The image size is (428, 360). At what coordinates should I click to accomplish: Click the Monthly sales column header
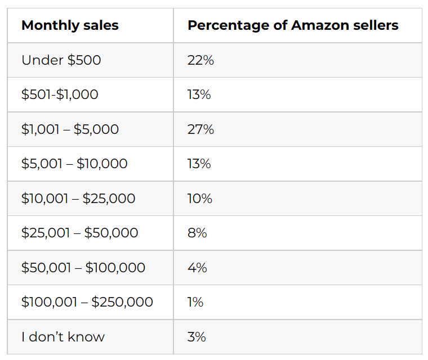70,26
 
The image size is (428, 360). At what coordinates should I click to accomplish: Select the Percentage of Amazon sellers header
293,26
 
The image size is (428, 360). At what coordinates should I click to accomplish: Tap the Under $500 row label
61,60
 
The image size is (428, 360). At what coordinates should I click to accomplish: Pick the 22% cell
200,60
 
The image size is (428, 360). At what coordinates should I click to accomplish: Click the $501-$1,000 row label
60,94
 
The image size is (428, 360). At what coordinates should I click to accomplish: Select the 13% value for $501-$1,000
199,94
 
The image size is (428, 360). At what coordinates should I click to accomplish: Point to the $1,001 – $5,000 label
70,129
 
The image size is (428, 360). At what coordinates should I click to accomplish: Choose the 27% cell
200,129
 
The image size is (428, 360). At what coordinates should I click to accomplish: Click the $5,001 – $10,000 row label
74,164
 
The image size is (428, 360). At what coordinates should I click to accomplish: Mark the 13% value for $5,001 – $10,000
199,164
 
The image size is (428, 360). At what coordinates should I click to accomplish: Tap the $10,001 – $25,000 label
78,199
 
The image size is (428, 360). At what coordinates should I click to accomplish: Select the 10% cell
200,199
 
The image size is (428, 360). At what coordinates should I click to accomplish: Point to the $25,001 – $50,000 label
79,233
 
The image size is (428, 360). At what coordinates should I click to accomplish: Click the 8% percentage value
197,233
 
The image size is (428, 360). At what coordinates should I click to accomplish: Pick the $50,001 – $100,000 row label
83,268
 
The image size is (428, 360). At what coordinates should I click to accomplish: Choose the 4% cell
197,268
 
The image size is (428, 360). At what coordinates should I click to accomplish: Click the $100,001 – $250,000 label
87,302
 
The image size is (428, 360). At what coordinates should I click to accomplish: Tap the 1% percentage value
195,302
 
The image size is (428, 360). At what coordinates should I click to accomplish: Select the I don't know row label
63,337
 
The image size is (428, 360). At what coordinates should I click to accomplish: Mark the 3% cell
197,337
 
